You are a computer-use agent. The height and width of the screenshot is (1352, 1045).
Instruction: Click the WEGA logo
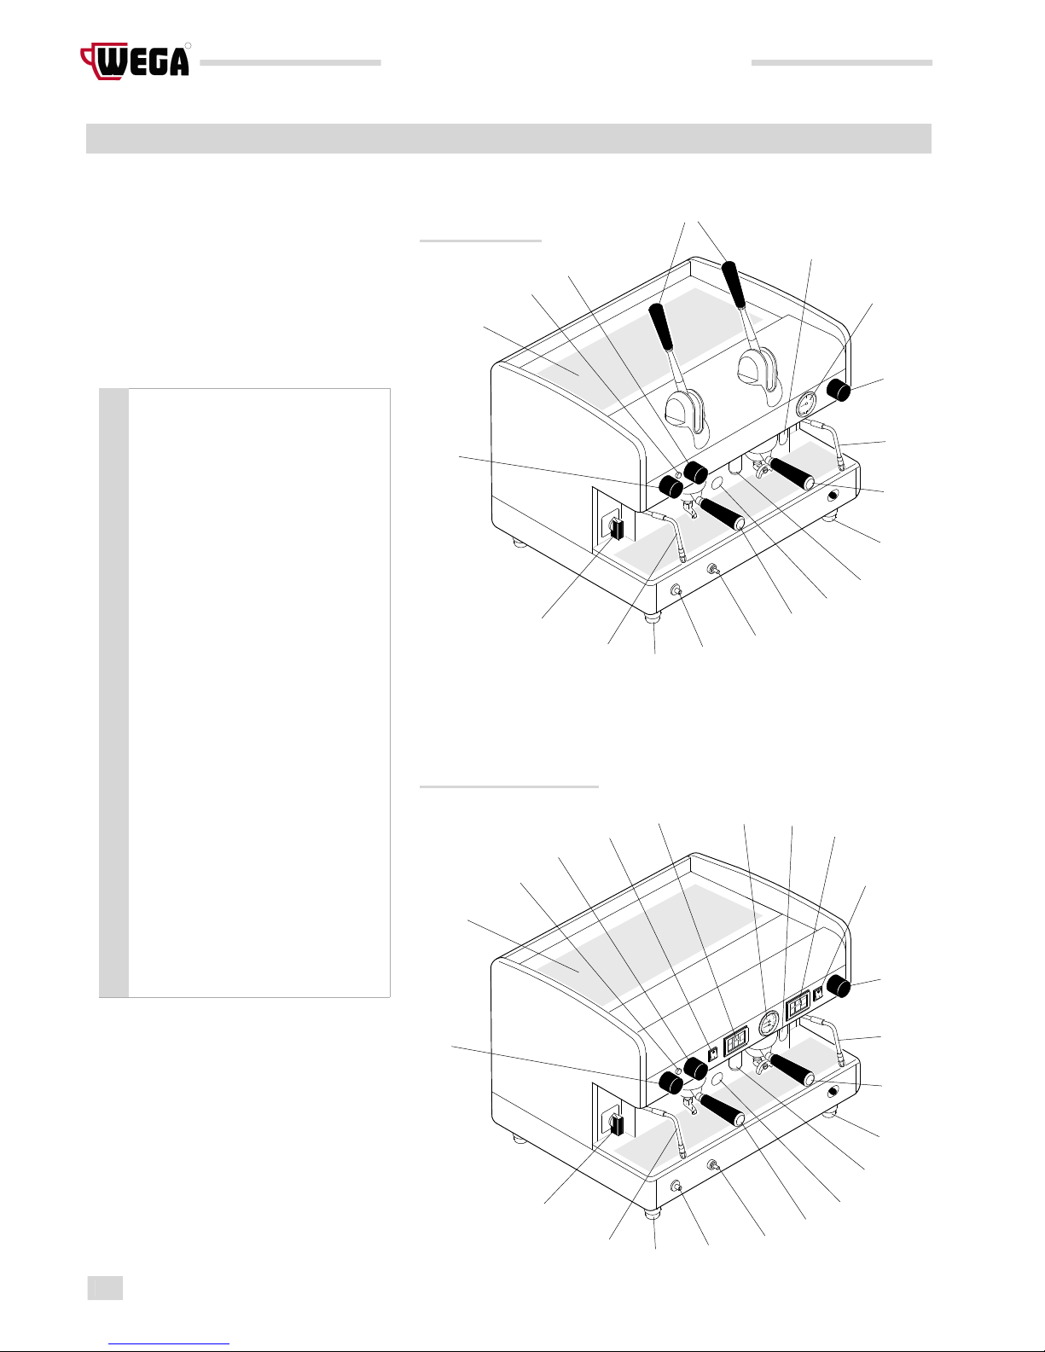coord(135,61)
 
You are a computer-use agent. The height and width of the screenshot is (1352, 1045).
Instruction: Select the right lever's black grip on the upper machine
coord(734,285)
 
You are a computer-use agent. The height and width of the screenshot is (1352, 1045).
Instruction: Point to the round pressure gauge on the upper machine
coord(806,404)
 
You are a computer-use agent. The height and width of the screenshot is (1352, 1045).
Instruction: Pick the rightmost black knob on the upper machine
coord(839,390)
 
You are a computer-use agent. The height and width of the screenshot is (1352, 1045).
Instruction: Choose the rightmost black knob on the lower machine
coord(839,986)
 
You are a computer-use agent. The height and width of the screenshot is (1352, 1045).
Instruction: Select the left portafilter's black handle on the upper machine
coord(723,514)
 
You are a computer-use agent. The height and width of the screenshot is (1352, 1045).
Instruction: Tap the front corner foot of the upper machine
coord(653,618)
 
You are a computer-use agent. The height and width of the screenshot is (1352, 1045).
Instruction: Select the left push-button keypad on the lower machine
coord(736,1040)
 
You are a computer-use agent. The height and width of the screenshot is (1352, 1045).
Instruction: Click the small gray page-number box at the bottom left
coord(105,1288)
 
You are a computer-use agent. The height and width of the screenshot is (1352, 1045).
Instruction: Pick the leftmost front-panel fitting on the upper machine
coord(676,589)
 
